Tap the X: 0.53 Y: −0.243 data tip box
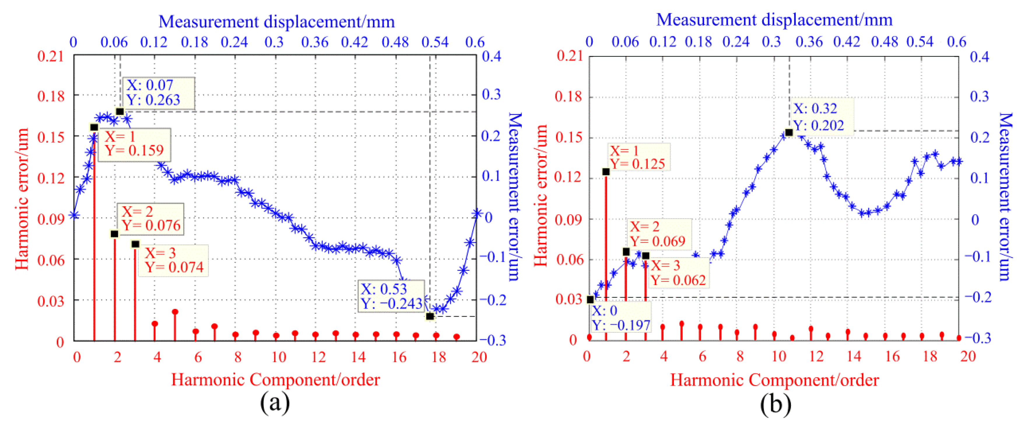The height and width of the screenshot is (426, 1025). (x=392, y=296)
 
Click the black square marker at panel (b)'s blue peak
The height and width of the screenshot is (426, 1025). (x=789, y=132)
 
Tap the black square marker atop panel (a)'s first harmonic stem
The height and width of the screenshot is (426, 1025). (x=94, y=128)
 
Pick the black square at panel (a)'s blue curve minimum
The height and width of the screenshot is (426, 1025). (x=430, y=316)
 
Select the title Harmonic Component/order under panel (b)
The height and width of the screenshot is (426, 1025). (x=774, y=380)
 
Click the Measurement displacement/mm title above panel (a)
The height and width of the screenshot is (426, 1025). (x=277, y=22)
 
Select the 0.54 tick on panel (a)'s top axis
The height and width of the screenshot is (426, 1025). (x=435, y=42)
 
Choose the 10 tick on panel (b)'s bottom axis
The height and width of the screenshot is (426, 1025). (x=779, y=356)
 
